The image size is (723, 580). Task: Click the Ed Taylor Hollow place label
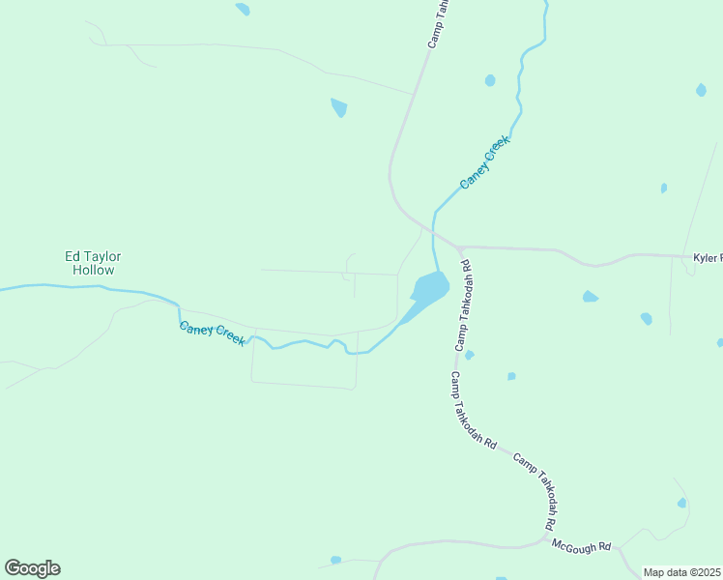coord(93,263)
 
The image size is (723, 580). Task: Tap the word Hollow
coord(93,270)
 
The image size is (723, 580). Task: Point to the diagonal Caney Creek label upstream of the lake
coord(483,162)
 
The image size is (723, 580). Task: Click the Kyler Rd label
coord(708,258)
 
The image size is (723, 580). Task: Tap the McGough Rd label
coord(582,546)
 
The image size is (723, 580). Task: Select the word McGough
coord(572,545)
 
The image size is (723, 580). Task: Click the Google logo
coord(32,568)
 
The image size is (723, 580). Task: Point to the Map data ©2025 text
coord(681,572)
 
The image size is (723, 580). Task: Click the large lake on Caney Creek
coord(429,287)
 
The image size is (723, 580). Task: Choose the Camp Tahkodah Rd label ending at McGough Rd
coord(534,490)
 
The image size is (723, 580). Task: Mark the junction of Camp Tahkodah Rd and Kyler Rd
coord(457,247)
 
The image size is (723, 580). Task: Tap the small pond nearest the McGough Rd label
coord(681,503)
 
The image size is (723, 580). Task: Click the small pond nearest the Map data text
coord(681,503)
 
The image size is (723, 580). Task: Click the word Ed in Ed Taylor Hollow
coord(71,256)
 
